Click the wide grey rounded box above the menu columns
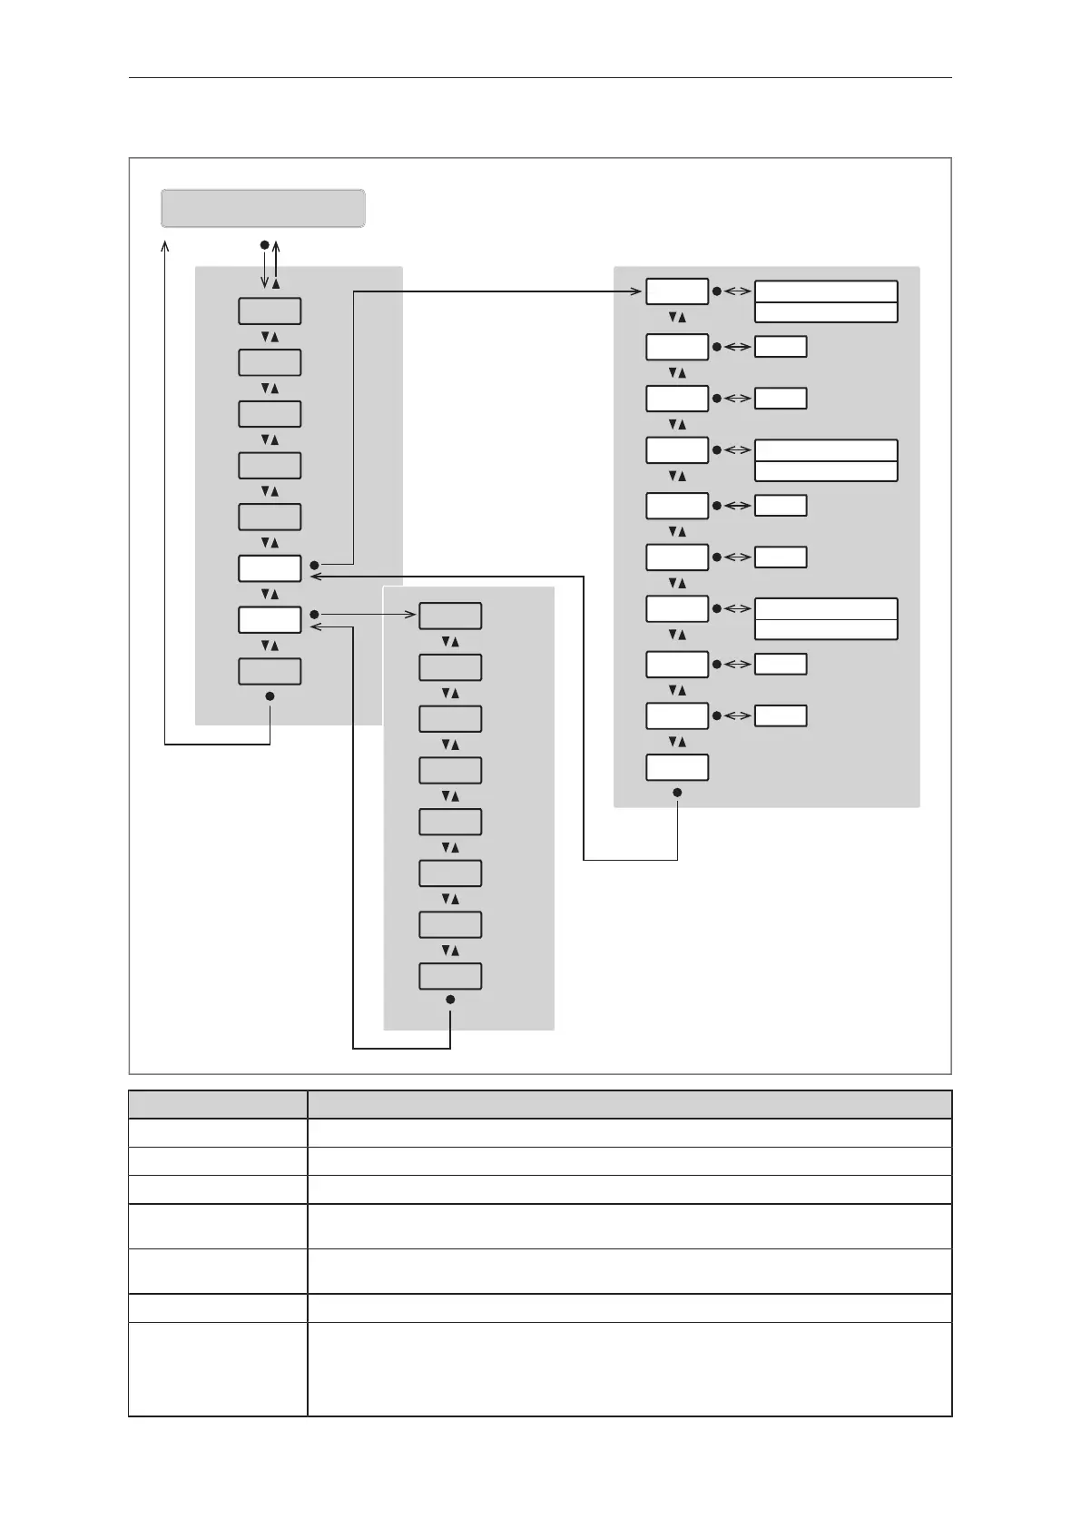pyautogui.click(x=263, y=208)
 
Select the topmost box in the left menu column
pyautogui.click(x=270, y=311)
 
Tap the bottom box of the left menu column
pyautogui.click(x=270, y=671)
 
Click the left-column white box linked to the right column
pyautogui.click(x=270, y=568)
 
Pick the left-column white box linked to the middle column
pyautogui.click(x=270, y=619)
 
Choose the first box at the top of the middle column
pyautogui.click(x=449, y=616)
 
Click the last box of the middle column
pyautogui.click(x=449, y=976)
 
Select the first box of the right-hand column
pyautogui.click(x=676, y=291)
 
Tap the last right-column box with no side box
pyautogui.click(x=676, y=767)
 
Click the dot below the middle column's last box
pyautogui.click(x=450, y=1000)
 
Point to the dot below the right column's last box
pyautogui.click(x=677, y=793)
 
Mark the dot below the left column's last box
pyautogui.click(x=270, y=696)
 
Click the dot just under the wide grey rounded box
pyautogui.click(x=264, y=244)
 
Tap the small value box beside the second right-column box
pyautogui.click(x=781, y=347)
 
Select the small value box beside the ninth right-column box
pyautogui.click(x=781, y=715)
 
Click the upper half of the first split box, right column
pyautogui.click(x=826, y=291)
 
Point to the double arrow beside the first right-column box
pyautogui.click(x=738, y=291)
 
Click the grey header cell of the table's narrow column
pyautogui.click(x=218, y=1104)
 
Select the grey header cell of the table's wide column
pyautogui.click(x=629, y=1104)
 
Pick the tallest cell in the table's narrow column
pyautogui.click(x=218, y=1368)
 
